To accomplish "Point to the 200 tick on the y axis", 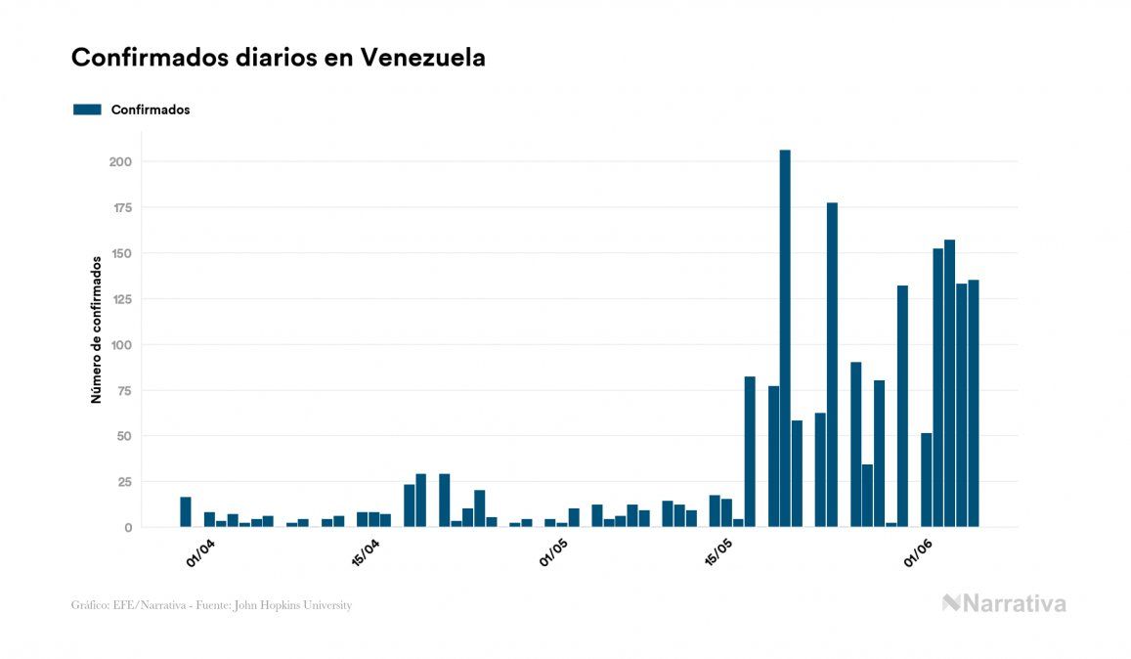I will tap(120, 161).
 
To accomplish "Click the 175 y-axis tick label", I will tap(120, 207).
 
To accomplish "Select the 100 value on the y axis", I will tap(120, 345).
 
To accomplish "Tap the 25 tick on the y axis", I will tap(124, 482).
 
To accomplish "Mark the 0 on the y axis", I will tap(128, 528).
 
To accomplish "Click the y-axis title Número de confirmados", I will tap(96, 329).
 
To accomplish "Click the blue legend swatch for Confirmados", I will tap(87, 110).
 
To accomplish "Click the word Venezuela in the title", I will tap(422, 58).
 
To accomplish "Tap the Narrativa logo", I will tap(1004, 603).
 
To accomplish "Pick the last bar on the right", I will tap(974, 404).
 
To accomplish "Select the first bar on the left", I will tap(186, 512).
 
